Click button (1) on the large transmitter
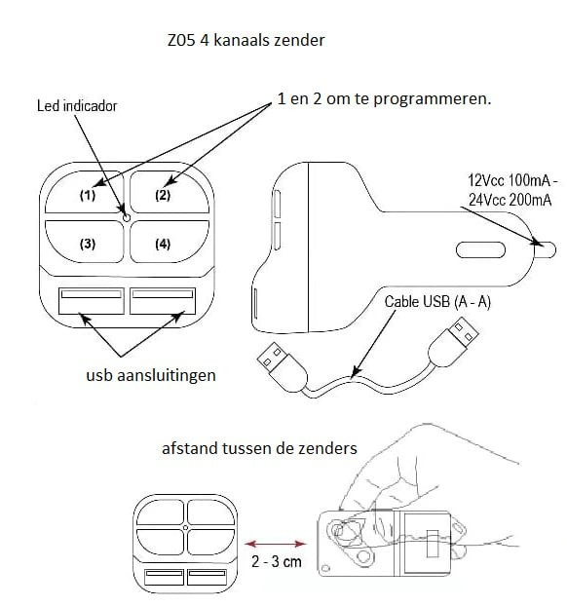click(85, 192)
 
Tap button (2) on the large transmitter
click(170, 192)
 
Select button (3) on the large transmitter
click(85, 242)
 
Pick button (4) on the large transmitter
click(170, 242)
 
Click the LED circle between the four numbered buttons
click(127, 217)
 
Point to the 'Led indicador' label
click(77, 106)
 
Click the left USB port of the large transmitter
click(92, 301)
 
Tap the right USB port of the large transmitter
click(163, 301)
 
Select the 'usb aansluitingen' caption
click(151, 375)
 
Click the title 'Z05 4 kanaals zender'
click(246, 40)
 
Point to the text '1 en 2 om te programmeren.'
click(384, 98)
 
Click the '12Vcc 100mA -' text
click(512, 180)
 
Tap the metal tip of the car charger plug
click(546, 250)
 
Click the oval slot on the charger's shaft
click(480, 250)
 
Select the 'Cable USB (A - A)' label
click(437, 302)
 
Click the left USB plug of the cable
click(283, 365)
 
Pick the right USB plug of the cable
click(454, 342)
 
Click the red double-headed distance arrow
click(276, 544)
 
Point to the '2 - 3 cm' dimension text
click(277, 561)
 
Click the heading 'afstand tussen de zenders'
click(259, 448)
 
